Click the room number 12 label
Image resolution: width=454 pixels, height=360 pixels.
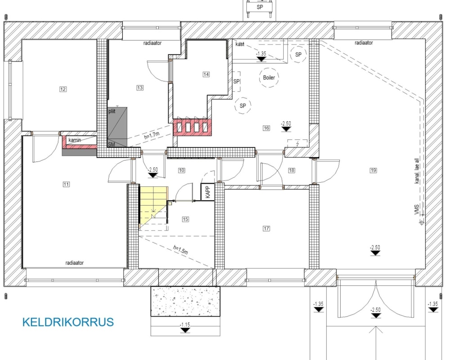tap(63, 89)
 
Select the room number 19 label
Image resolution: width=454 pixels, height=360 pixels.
tap(373, 170)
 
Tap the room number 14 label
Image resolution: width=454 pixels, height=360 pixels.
tap(206, 74)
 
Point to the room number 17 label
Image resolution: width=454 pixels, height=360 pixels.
tap(266, 229)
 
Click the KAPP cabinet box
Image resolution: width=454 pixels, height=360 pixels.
tap(208, 192)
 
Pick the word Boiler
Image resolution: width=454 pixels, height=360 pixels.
tap(269, 78)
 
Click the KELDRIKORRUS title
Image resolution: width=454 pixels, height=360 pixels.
tap(68, 322)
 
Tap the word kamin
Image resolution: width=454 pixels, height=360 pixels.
tap(75, 140)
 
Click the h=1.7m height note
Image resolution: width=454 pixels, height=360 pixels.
tap(152, 135)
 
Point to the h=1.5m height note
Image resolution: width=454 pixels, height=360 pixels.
tap(180, 250)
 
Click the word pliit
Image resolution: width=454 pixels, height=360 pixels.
tap(112, 111)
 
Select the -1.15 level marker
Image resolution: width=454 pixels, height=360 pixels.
tap(185, 327)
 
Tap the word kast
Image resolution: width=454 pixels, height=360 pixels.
tap(240, 44)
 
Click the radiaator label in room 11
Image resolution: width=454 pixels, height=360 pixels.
tap(75, 263)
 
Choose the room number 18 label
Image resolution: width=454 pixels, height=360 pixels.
tap(292, 170)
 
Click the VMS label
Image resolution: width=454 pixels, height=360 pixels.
tap(417, 209)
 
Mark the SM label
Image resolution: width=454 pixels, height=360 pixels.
tap(111, 144)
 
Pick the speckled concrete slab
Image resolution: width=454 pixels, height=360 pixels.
tap(185, 301)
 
